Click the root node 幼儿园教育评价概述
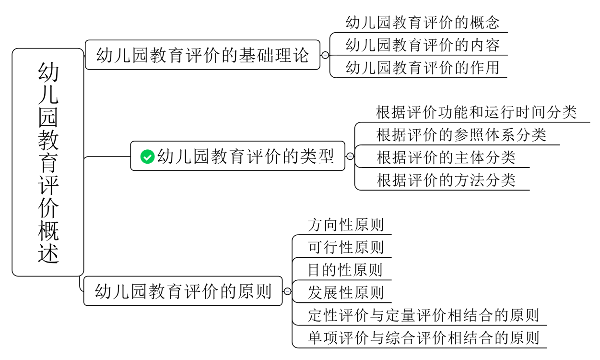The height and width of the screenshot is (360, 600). point(48,162)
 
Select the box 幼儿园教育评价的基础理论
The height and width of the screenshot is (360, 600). point(202,55)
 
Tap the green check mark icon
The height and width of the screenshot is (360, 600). point(147,156)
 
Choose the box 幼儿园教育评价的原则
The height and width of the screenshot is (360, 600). point(183,291)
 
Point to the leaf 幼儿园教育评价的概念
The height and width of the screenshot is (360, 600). point(423,22)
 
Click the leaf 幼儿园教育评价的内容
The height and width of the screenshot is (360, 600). point(423,45)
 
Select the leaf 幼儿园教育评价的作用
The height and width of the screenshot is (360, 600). point(423,68)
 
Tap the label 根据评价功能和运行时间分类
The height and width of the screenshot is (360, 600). point(476,112)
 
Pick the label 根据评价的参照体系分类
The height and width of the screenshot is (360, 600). point(461,135)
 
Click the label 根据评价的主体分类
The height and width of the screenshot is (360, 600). point(446,157)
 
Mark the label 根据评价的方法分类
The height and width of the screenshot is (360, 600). point(446,180)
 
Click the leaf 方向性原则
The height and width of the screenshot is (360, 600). point(345,225)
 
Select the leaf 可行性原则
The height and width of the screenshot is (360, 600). point(345,247)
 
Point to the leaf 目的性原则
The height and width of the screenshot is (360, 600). point(345,270)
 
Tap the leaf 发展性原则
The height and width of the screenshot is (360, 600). point(345,292)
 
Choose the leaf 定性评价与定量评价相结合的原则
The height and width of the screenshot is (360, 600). point(424,315)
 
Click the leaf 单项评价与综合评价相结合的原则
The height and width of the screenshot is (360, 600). point(424,338)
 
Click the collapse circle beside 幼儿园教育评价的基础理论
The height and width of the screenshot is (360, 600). point(325,55)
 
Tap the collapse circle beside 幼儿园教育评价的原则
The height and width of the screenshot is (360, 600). point(287,291)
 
